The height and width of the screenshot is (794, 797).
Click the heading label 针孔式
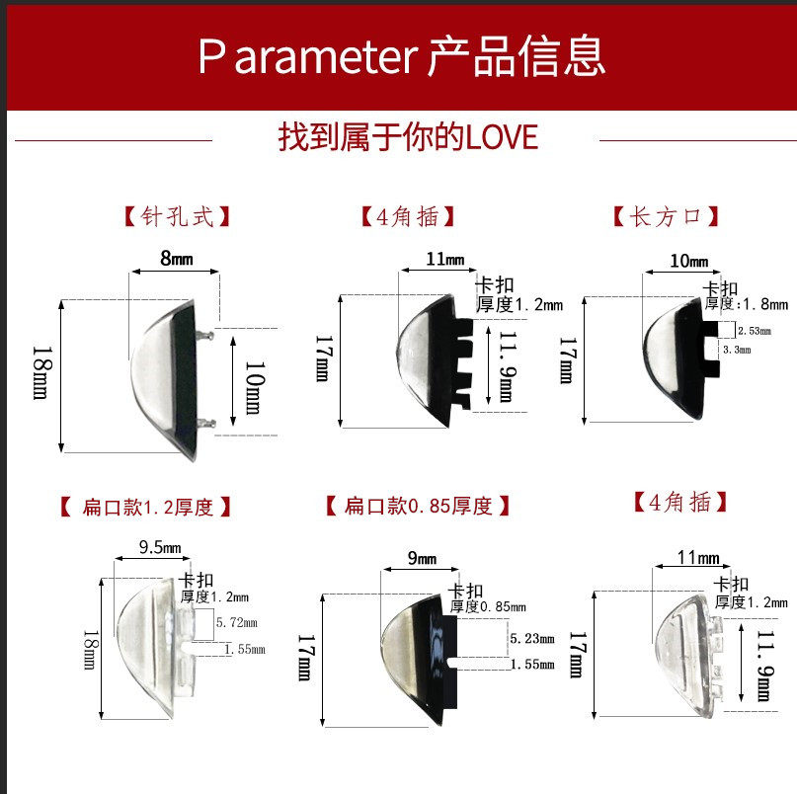click(176, 216)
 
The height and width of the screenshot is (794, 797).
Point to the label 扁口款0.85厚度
click(418, 507)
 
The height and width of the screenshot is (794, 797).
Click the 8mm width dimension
click(176, 259)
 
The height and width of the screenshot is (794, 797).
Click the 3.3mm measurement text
click(737, 350)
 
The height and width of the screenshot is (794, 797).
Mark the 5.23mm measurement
click(533, 639)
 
